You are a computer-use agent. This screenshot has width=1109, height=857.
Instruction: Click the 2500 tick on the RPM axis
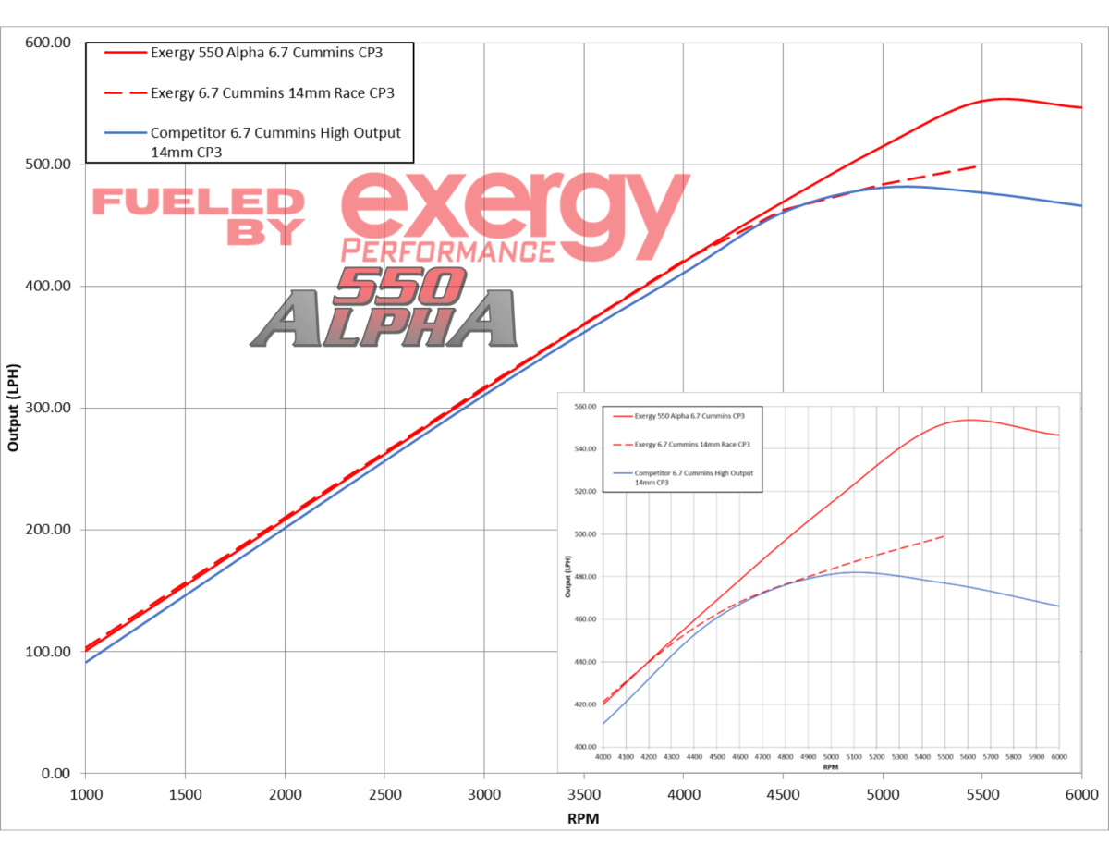384,794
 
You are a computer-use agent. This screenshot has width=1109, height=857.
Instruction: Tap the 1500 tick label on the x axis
185,794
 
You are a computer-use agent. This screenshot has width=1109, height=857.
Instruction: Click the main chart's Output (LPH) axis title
13,408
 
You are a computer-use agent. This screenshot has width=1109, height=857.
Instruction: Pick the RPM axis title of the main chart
584,818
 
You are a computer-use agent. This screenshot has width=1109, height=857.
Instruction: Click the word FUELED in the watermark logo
198,202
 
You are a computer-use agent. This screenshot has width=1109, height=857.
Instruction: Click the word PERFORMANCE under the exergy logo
447,250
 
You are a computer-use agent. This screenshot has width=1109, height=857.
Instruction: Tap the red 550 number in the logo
399,287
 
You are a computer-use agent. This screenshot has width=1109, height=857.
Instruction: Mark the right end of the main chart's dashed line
976,166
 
